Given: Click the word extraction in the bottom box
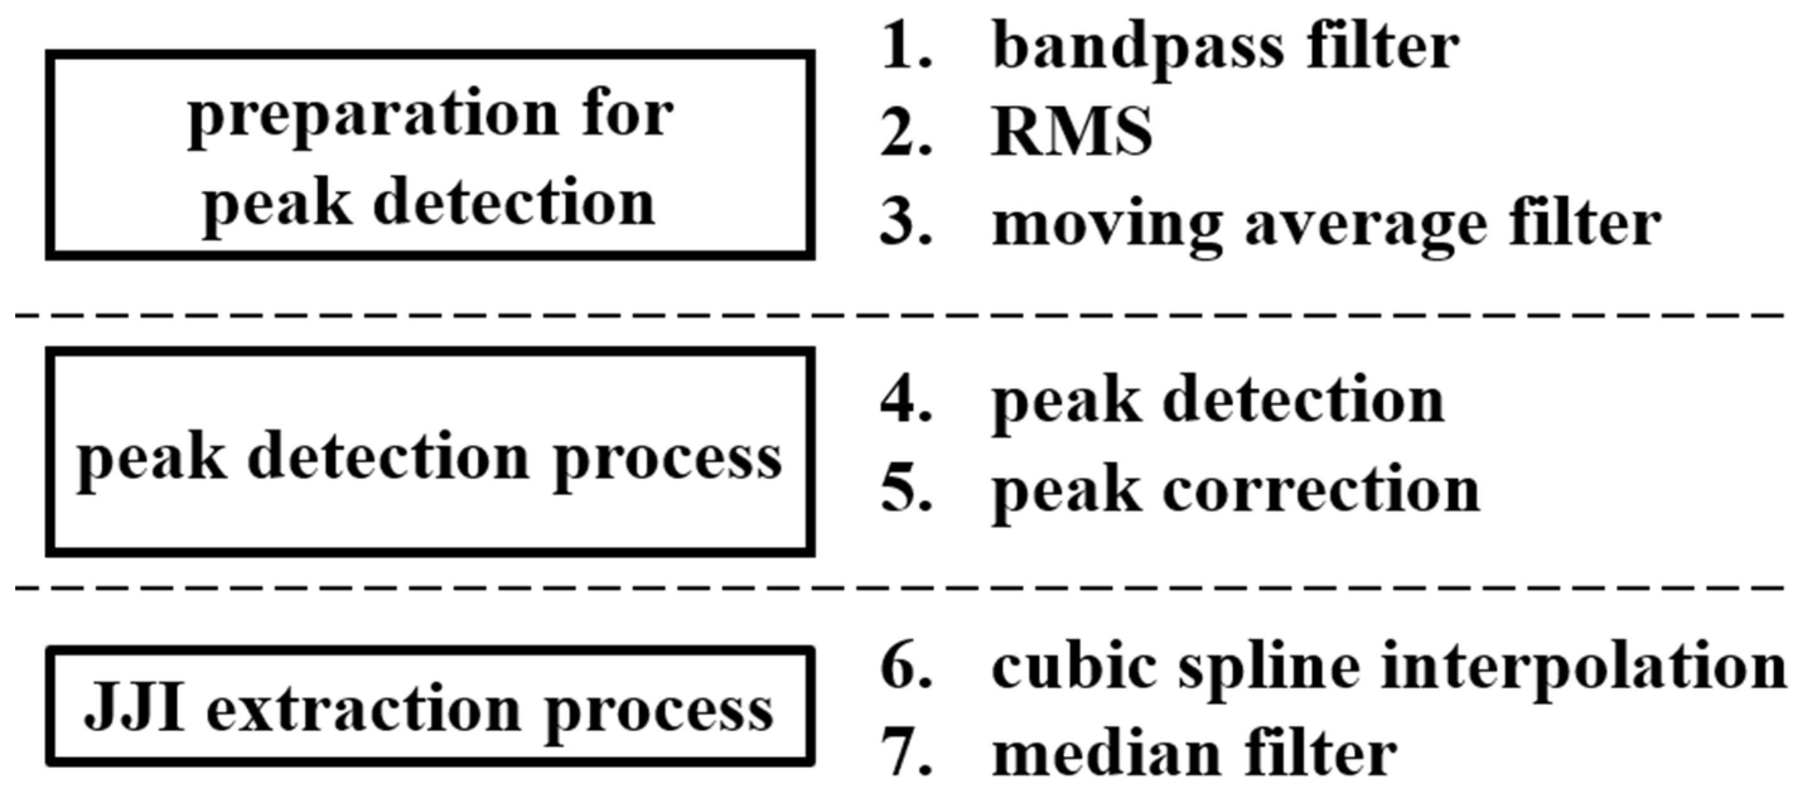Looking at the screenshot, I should pyautogui.click(x=364, y=709).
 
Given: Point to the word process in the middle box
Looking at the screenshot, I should pyautogui.click(x=667, y=461).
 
